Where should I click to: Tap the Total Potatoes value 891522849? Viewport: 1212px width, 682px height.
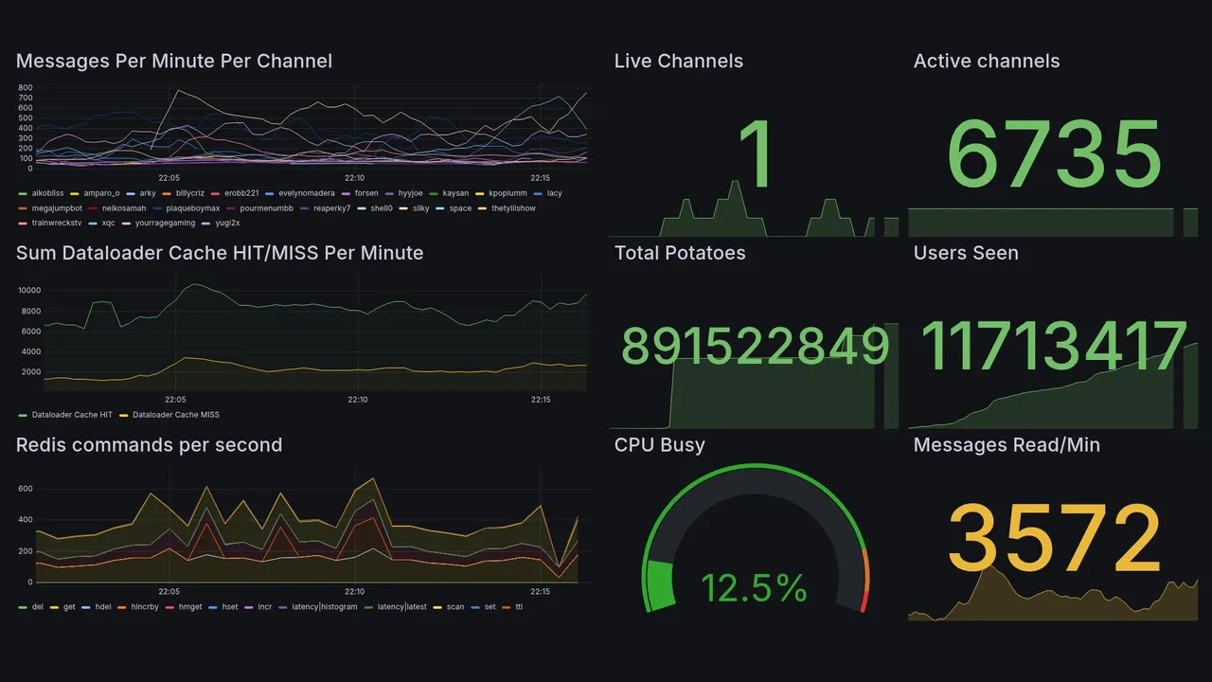(x=755, y=347)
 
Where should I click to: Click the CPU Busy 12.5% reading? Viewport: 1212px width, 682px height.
(x=754, y=588)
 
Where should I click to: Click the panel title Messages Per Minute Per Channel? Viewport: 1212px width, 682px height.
(x=174, y=62)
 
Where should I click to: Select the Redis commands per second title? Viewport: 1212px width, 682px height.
(x=149, y=445)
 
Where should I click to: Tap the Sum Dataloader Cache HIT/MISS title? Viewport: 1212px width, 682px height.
(x=220, y=253)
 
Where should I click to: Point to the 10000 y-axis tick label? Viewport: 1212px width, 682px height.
(x=31, y=291)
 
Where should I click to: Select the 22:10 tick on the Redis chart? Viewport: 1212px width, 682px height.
(x=354, y=592)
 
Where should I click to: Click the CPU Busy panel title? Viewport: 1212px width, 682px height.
(x=659, y=445)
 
